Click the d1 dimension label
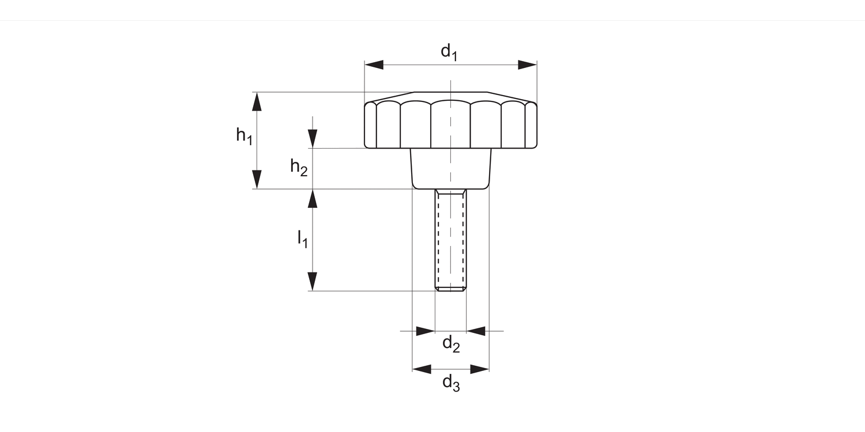(x=449, y=52)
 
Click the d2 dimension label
(x=451, y=344)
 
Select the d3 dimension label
(x=451, y=382)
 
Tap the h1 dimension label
(x=244, y=136)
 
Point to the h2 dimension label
(x=299, y=168)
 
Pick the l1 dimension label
(x=302, y=238)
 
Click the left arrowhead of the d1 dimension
(x=374, y=65)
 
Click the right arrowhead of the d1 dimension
(x=528, y=65)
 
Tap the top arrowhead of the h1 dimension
(x=257, y=101)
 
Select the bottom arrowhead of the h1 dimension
(x=257, y=180)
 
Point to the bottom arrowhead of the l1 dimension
(x=313, y=282)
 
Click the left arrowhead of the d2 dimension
(x=426, y=331)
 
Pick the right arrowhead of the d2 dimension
(x=476, y=331)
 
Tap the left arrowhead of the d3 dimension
(x=422, y=369)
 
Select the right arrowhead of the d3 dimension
(x=480, y=369)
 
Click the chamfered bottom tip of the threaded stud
(x=450, y=289)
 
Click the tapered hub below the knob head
(x=450, y=168)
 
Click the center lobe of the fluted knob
(x=450, y=124)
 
